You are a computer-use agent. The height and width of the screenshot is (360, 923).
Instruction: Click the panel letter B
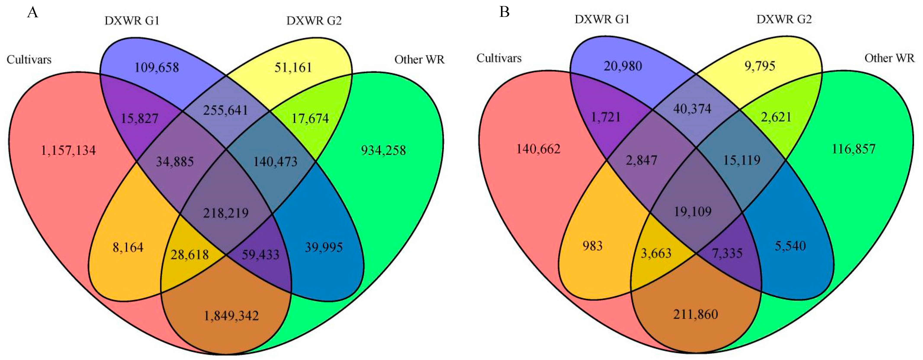pyautogui.click(x=504, y=12)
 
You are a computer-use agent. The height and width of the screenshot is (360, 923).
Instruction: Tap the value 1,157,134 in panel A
pyautogui.click(x=68, y=150)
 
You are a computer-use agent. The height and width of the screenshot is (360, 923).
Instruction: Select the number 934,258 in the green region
pyautogui.click(x=383, y=150)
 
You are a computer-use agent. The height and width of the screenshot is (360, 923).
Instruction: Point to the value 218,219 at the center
pyautogui.click(x=226, y=213)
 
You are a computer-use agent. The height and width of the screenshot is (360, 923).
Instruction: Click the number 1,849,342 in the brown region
pyautogui.click(x=231, y=316)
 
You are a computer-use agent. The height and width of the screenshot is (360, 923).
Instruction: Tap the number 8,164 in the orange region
pyautogui.click(x=128, y=247)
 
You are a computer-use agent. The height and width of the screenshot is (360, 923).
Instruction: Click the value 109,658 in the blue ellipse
pyautogui.click(x=157, y=67)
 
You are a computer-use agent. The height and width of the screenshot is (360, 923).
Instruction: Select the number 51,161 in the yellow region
pyautogui.click(x=293, y=67)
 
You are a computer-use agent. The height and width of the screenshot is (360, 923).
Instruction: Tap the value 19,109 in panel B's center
pyautogui.click(x=693, y=212)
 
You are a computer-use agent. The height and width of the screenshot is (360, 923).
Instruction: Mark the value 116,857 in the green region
pyautogui.click(x=854, y=149)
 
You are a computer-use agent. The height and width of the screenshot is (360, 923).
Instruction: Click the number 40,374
pyautogui.click(x=692, y=109)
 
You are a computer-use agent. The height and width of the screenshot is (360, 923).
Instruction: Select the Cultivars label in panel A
pyautogui.click(x=29, y=59)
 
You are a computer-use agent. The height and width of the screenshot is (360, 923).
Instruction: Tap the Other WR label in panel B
pyautogui.click(x=889, y=58)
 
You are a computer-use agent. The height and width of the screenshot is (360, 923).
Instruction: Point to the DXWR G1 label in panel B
pyautogui.click(x=602, y=19)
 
